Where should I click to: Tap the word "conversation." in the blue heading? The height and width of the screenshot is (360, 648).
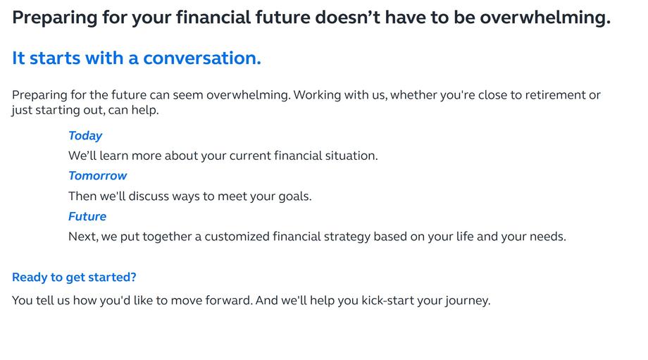pos(202,58)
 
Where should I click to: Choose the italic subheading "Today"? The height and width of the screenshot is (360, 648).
pos(85,136)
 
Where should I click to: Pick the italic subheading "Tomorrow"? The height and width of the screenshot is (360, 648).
pos(97,175)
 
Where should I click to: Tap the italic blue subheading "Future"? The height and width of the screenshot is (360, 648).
pos(87,216)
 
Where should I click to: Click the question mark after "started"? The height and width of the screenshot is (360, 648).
pos(133,277)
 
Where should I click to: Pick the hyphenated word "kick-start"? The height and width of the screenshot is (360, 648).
pos(387,300)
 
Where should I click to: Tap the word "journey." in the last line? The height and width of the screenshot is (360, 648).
pos(468,301)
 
